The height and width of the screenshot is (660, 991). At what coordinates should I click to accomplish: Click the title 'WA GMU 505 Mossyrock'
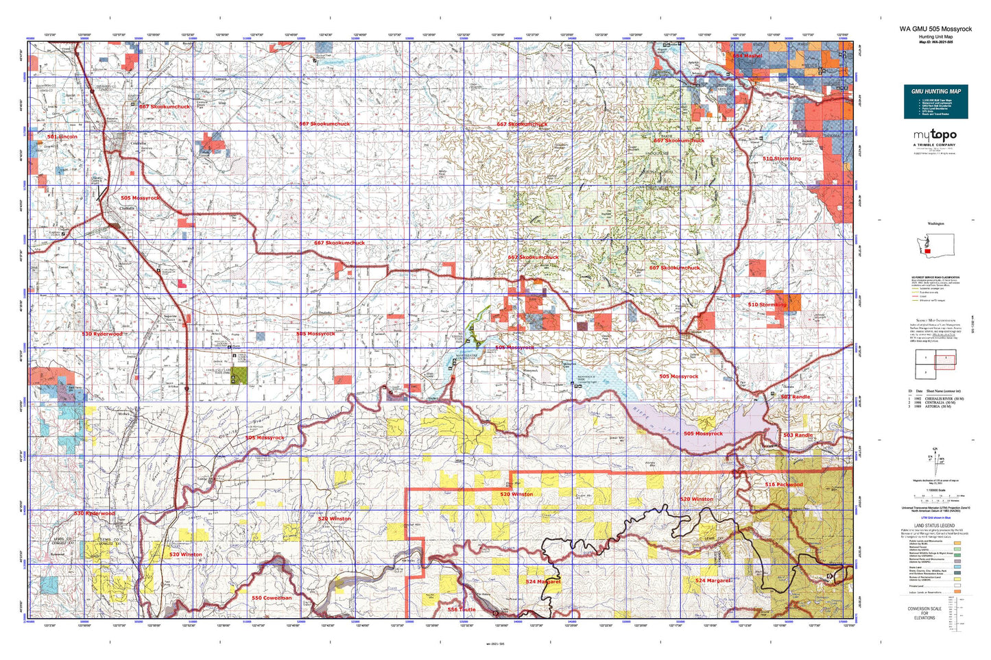click(935, 29)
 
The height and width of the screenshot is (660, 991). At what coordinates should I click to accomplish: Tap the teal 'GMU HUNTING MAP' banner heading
click(935, 91)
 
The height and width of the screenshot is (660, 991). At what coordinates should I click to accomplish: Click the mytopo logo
click(935, 136)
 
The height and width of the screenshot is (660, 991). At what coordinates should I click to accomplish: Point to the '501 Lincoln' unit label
click(62, 136)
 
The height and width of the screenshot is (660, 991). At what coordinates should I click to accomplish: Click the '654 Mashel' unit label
click(747, 56)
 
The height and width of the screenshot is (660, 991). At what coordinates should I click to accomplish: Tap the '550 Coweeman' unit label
click(271, 598)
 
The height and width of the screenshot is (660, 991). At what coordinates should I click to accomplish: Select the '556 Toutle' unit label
click(461, 609)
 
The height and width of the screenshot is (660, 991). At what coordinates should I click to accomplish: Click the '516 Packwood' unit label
click(783, 485)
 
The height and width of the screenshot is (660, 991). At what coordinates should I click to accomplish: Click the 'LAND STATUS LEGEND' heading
click(935, 526)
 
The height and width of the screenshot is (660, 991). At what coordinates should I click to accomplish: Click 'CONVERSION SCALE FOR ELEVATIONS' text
click(924, 612)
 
